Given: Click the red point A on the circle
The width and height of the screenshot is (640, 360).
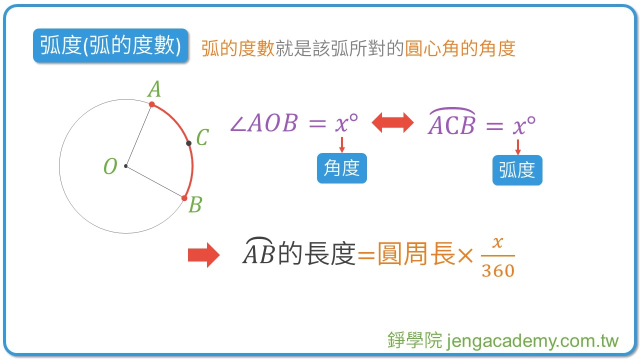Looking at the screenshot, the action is [x=151, y=104].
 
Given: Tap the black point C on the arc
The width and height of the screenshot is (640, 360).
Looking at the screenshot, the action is [x=188, y=143].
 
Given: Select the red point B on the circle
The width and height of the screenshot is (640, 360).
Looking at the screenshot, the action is [x=184, y=198].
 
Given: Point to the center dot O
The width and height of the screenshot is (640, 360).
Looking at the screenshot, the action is [x=126, y=166].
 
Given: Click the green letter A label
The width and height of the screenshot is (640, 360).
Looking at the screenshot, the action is [x=154, y=90].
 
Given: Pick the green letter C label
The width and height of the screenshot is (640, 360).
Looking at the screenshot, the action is [x=202, y=137].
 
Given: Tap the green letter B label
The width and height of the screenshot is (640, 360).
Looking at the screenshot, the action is [x=195, y=205].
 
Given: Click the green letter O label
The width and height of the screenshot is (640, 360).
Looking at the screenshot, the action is [x=110, y=166].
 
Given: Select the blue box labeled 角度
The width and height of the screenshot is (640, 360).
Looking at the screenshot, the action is [x=342, y=168].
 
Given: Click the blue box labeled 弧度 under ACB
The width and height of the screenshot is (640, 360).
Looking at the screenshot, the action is [x=517, y=170].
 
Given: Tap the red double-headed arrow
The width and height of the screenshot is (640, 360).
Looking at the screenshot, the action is [x=393, y=123].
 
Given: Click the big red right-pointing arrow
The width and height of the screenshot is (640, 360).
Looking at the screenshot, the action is [x=203, y=255].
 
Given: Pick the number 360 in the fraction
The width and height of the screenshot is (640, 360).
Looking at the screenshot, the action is [x=498, y=270].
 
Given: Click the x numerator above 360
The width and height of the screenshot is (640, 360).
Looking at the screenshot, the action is [x=497, y=242].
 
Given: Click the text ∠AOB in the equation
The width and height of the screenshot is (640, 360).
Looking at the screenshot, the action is [x=263, y=123].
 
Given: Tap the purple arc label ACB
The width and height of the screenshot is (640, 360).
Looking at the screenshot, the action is [x=451, y=124].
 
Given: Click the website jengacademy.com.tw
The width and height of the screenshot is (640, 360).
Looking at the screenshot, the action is [x=532, y=341].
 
